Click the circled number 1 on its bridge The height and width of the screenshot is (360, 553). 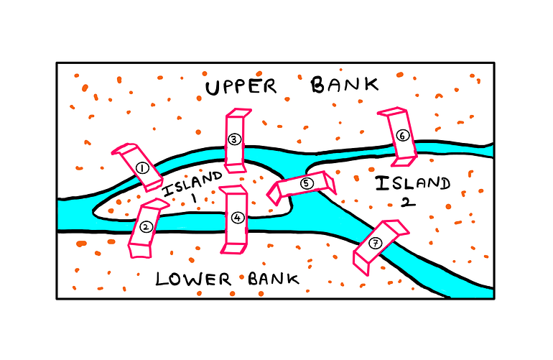click(141, 168)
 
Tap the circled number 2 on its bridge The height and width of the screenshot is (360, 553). click(146, 227)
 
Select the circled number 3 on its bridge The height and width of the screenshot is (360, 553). click(233, 139)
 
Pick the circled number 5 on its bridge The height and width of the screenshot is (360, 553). click(307, 183)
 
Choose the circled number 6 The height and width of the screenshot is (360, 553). click(402, 135)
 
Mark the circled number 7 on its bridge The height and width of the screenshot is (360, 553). click(375, 243)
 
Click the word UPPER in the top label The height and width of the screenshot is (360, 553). click(241, 87)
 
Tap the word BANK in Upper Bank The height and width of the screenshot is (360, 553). click(344, 86)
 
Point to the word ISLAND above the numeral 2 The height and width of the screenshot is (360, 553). click(413, 184)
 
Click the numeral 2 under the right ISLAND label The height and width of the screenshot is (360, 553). click(407, 202)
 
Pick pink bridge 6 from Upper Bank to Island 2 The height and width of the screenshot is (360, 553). click(397, 134)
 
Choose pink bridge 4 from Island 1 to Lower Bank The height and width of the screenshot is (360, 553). click(234, 220)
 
